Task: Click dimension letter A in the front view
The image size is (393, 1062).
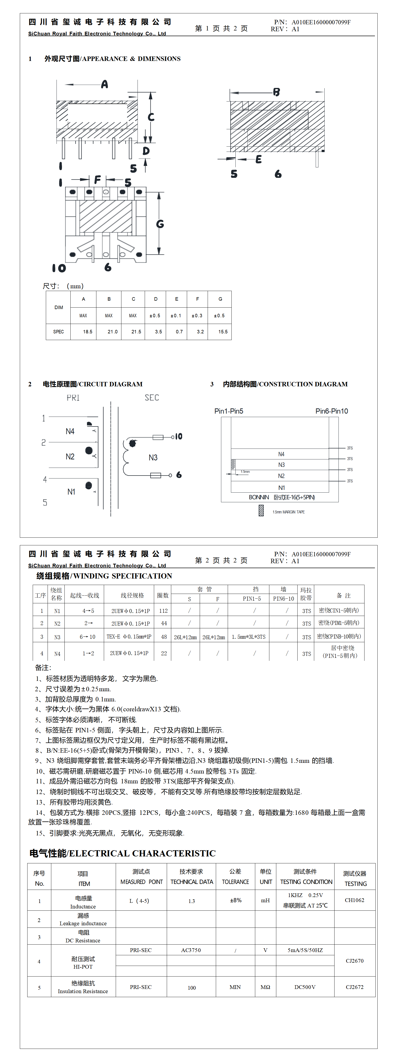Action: point(105,84)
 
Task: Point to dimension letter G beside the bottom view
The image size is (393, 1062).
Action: point(160,224)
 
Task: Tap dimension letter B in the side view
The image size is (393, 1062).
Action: point(276,92)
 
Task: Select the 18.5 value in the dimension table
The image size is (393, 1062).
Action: point(87,331)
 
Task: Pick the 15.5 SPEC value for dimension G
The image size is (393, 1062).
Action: point(223,331)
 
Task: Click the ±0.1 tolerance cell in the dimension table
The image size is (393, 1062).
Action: point(176,315)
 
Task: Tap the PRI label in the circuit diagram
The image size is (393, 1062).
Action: point(73,398)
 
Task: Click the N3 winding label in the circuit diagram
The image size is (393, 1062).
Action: point(153,458)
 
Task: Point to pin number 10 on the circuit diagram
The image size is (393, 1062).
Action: point(179,436)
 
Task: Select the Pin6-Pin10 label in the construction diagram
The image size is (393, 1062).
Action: point(332,411)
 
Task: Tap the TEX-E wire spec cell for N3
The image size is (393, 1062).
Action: point(129,637)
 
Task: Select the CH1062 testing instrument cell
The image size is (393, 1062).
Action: point(354,900)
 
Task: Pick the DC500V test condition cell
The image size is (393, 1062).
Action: point(305,987)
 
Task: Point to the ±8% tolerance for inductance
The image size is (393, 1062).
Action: point(235,900)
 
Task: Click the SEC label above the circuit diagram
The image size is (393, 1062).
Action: point(152,398)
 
